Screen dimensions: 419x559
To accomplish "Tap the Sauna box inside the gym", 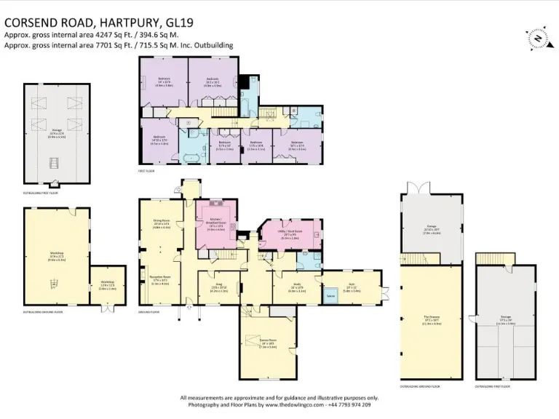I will [330, 296].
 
